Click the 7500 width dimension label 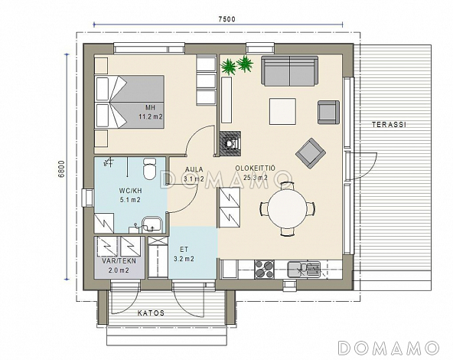click(x=226, y=19)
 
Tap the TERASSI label click(x=389, y=125)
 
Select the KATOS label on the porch click(x=151, y=313)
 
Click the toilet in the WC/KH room click(x=149, y=169)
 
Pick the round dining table click(x=287, y=208)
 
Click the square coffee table click(x=282, y=111)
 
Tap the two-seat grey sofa click(x=290, y=71)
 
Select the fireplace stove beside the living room click(x=230, y=144)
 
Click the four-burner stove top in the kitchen click(x=264, y=270)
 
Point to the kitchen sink click(x=304, y=270)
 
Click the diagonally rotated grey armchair click(x=311, y=153)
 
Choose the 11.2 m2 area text click(x=151, y=117)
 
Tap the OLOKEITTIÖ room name click(x=255, y=169)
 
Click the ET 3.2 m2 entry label click(x=184, y=254)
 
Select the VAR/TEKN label click(x=119, y=261)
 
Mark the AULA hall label click(x=194, y=169)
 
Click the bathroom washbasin click(x=152, y=224)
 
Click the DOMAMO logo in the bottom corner click(x=389, y=348)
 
